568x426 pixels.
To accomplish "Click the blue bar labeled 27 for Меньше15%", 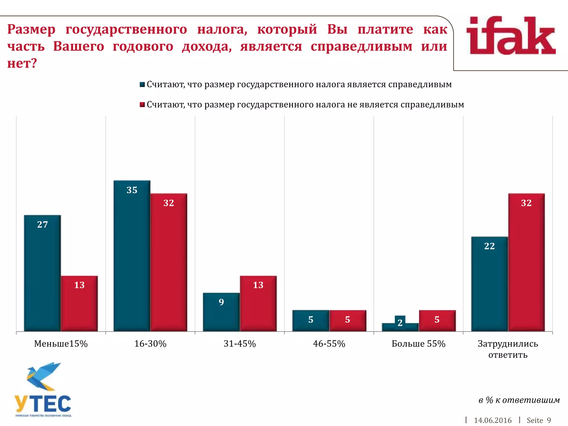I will click(42, 273).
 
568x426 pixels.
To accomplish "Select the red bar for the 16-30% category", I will click(169, 262).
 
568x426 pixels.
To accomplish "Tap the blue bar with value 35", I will click(132, 256).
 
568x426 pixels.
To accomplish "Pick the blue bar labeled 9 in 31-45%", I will click(221, 312).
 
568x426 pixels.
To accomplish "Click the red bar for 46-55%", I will click(348, 321).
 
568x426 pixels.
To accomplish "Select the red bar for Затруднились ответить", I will click(526, 262).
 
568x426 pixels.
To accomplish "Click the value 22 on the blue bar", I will click(490, 246).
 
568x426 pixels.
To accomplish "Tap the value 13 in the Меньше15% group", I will click(79, 285).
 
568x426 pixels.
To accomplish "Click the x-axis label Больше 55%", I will click(418, 344).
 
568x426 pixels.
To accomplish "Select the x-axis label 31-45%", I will click(240, 344).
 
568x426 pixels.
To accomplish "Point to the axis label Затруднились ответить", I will click(508, 349).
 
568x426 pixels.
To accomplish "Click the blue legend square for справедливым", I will click(142, 85).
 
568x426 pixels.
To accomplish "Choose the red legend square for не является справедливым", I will click(142, 105).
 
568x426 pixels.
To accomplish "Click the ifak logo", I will click(511, 36).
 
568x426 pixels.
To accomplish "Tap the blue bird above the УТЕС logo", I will click(43, 376).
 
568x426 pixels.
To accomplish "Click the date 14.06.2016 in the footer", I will click(493, 420).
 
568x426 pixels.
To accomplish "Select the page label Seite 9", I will click(539, 420).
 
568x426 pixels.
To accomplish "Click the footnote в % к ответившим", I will click(519, 400).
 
